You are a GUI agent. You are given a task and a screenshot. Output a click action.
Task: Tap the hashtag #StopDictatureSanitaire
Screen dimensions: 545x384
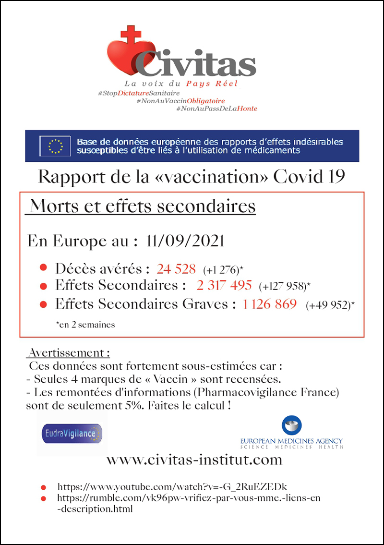point(139,92)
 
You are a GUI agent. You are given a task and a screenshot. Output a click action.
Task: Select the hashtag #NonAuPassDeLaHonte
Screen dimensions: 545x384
point(216,109)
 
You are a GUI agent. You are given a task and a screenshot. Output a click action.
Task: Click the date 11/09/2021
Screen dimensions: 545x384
point(184,241)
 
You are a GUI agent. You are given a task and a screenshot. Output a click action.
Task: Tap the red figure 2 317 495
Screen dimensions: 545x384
point(224,285)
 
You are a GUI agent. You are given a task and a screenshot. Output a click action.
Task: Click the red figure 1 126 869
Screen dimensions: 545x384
point(270,304)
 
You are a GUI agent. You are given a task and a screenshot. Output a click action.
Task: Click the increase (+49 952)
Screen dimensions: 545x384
point(329,305)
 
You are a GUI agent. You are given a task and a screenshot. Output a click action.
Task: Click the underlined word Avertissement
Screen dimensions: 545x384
point(69,353)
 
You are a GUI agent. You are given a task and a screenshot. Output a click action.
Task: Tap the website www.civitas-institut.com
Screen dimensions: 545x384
point(194,460)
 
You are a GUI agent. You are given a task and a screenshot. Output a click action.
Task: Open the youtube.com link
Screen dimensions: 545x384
point(172,486)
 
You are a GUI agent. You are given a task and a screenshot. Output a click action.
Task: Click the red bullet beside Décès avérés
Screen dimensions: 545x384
point(43,268)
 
